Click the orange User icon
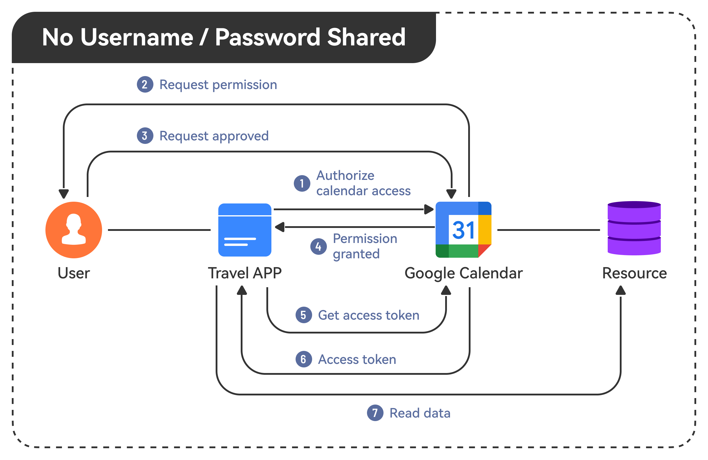74,230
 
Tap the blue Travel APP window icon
245,230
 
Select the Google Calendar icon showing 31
463,230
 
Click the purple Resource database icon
634,228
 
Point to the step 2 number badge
145,84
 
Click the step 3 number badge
145,136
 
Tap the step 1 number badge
302,183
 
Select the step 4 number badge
318,247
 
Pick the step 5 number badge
304,315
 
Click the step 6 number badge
304,359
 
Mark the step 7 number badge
375,413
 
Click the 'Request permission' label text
218,85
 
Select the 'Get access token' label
368,315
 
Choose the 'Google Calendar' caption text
463,273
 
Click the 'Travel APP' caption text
245,273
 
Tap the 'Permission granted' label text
364,246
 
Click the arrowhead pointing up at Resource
621,290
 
